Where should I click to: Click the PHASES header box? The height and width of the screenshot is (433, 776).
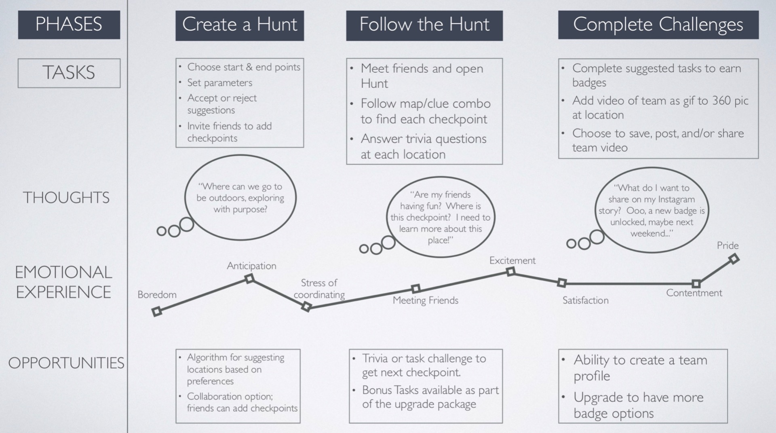(x=69, y=24)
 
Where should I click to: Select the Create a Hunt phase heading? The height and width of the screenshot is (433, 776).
(x=239, y=25)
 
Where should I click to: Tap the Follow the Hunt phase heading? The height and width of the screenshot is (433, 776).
(x=424, y=25)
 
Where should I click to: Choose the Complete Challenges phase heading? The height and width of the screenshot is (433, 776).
(x=658, y=25)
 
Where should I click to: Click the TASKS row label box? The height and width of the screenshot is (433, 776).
(x=69, y=73)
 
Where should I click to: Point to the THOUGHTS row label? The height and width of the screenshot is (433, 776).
(x=66, y=198)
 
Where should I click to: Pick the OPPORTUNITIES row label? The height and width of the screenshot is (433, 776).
(x=66, y=363)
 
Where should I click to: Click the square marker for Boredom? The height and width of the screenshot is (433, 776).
(x=157, y=311)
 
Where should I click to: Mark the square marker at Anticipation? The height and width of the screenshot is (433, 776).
(x=250, y=279)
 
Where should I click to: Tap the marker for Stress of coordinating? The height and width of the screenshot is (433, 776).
(x=306, y=307)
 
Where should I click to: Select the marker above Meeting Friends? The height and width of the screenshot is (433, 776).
(x=415, y=289)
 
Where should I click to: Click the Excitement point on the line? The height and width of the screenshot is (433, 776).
(x=511, y=272)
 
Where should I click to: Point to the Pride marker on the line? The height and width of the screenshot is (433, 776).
(x=734, y=259)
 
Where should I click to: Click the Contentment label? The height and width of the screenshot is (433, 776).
(x=694, y=293)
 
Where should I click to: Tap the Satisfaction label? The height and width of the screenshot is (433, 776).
(x=585, y=300)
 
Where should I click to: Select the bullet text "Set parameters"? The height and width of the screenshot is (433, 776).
(x=219, y=83)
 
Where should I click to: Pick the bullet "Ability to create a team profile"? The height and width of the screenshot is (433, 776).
(x=640, y=368)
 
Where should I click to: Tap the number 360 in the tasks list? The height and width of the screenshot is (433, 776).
(x=721, y=100)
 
